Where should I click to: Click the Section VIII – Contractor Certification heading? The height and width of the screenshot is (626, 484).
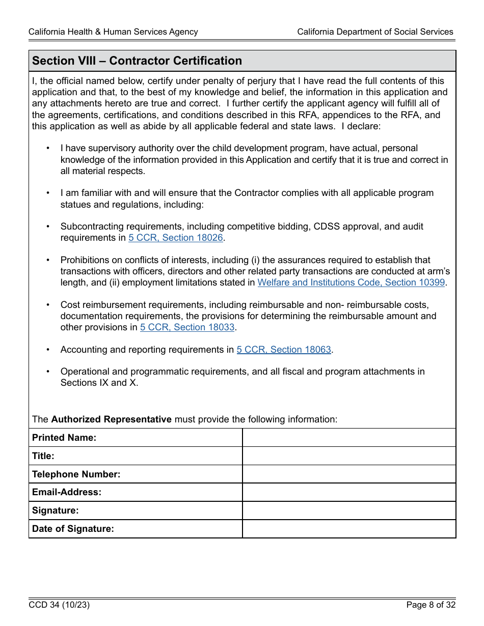(x=137, y=61)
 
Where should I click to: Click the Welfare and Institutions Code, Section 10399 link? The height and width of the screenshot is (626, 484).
(x=351, y=282)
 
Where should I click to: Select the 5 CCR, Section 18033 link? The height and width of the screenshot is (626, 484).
(x=187, y=327)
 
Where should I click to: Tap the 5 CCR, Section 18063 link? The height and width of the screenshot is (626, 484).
(x=284, y=350)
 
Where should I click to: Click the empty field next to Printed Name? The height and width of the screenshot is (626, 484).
(x=349, y=438)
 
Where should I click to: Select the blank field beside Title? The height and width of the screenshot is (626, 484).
(x=349, y=456)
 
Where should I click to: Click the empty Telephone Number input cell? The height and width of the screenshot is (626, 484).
(x=349, y=474)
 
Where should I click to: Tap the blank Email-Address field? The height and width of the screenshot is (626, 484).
(x=349, y=492)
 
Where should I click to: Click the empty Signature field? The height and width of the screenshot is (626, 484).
(x=349, y=510)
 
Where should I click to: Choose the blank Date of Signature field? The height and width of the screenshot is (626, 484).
(x=349, y=529)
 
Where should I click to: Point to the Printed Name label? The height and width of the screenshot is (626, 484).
(x=64, y=438)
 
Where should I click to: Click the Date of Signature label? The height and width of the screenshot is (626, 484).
(x=73, y=529)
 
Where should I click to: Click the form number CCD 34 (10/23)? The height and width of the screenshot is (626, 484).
(x=59, y=605)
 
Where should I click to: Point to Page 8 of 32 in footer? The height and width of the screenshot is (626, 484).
(x=431, y=605)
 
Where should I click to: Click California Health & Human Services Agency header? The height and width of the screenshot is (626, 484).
(x=113, y=32)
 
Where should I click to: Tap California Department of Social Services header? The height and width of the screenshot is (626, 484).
(x=375, y=32)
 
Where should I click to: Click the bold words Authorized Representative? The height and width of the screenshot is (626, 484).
(x=111, y=419)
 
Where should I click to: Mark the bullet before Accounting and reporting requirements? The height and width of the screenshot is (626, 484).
(x=48, y=350)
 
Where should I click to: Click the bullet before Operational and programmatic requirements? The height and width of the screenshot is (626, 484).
(x=48, y=372)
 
